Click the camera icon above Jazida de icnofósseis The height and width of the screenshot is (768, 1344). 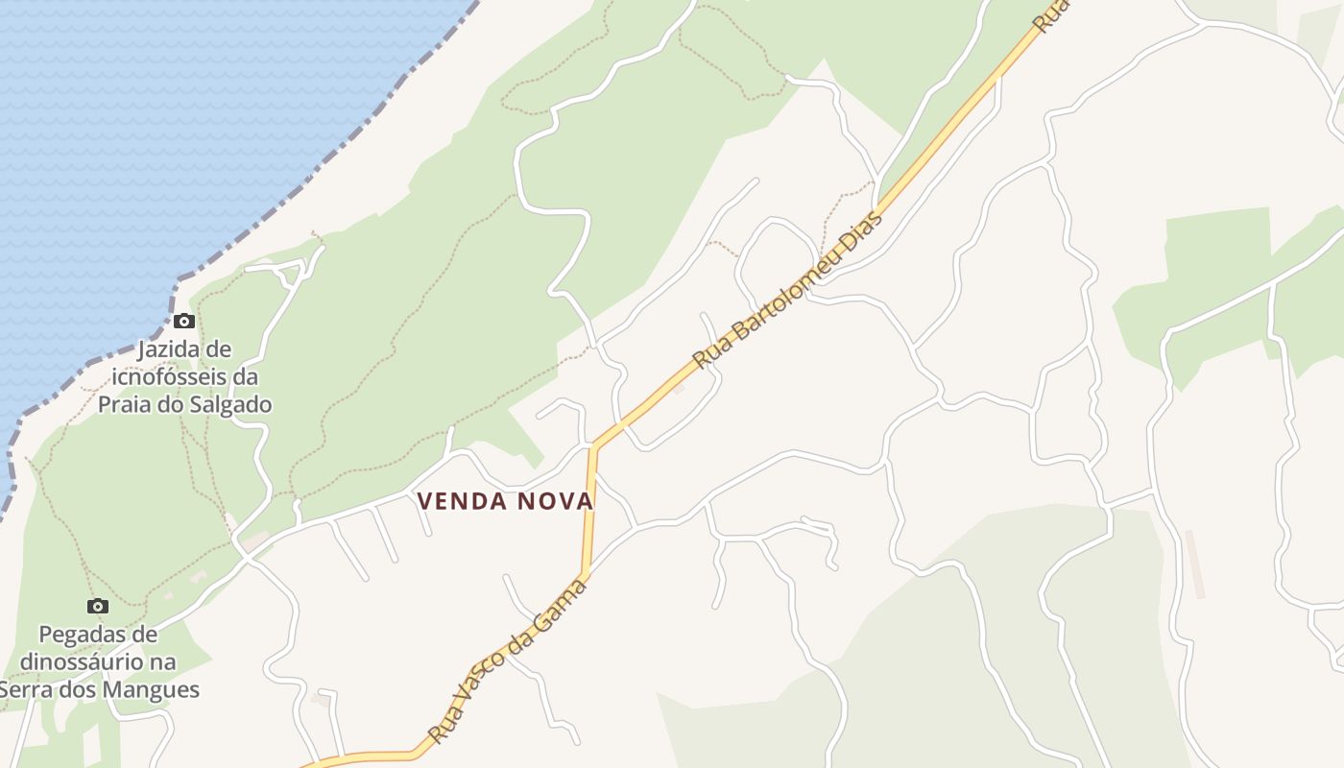184,321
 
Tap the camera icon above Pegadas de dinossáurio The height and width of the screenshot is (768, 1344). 97,606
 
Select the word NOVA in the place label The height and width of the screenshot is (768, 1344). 556,501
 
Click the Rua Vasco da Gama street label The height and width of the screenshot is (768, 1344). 506,661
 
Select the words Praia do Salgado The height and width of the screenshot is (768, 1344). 185,404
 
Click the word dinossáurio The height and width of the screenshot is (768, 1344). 98,662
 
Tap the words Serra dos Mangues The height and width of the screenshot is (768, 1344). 100,689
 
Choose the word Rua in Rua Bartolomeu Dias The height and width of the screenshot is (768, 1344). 710,354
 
